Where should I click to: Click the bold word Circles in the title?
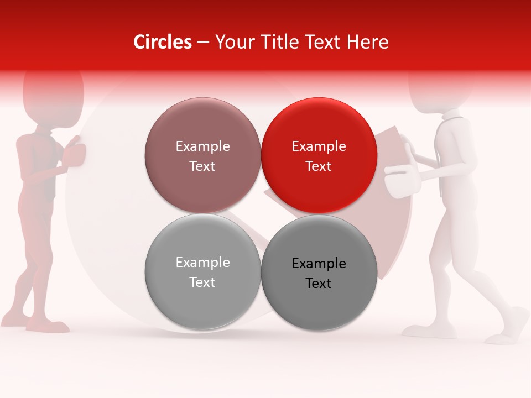163,42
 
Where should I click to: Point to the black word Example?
319,264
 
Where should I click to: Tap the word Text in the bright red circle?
319,166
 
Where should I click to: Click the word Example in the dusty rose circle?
202,146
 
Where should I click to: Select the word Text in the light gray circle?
202,282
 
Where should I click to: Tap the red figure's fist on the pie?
74,154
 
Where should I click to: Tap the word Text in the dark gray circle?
319,284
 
